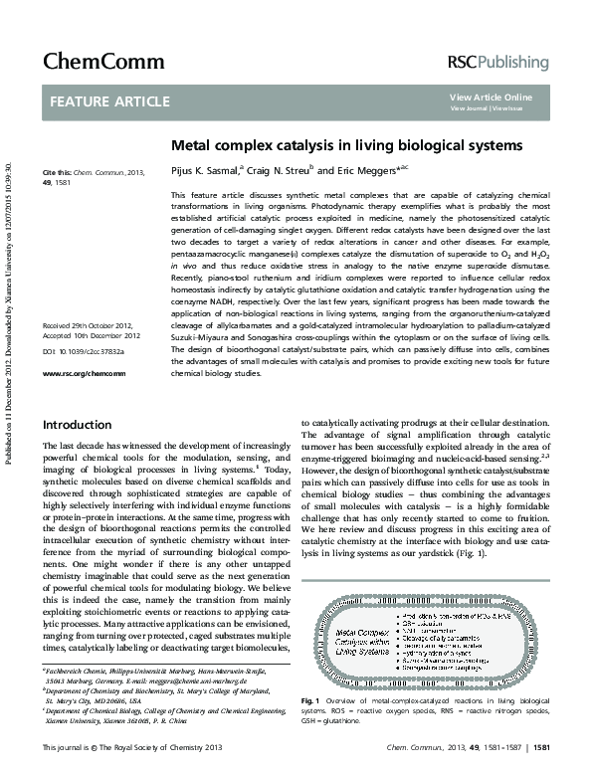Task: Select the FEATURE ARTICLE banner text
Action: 96,101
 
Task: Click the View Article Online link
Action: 491,97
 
